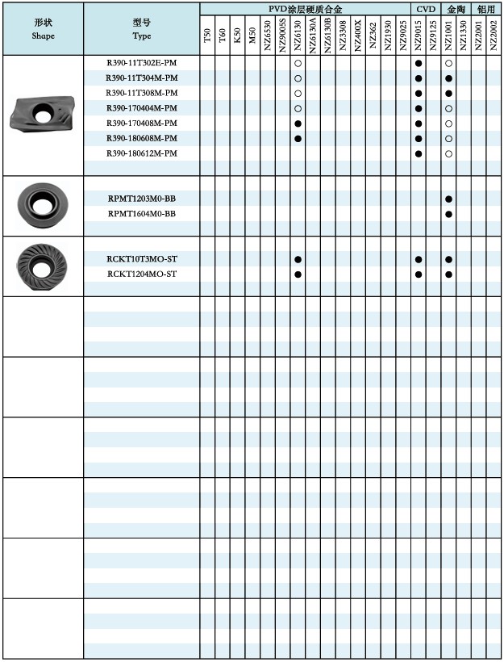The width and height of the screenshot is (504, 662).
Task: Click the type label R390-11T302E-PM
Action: coord(142,63)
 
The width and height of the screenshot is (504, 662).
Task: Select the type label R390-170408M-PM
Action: coord(142,124)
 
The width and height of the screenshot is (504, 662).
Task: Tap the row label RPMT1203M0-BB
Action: coord(142,199)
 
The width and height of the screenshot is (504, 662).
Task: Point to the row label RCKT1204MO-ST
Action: coord(142,274)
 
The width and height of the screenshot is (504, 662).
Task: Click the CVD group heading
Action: coord(426,9)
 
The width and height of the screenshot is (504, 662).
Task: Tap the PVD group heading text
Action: coord(306,9)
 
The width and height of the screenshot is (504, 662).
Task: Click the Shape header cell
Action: coord(44,29)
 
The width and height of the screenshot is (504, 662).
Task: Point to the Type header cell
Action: coord(142,29)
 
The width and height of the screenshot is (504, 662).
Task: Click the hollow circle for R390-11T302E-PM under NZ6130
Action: coord(298,63)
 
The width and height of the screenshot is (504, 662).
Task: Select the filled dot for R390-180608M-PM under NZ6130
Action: coord(298,139)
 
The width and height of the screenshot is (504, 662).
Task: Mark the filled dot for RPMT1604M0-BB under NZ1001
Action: coord(448,214)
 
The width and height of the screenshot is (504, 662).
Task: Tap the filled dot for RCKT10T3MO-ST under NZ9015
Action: coord(419,259)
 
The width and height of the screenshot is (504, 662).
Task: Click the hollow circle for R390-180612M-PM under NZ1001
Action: coord(448,153)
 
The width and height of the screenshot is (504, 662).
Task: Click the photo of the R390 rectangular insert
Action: coord(42,114)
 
